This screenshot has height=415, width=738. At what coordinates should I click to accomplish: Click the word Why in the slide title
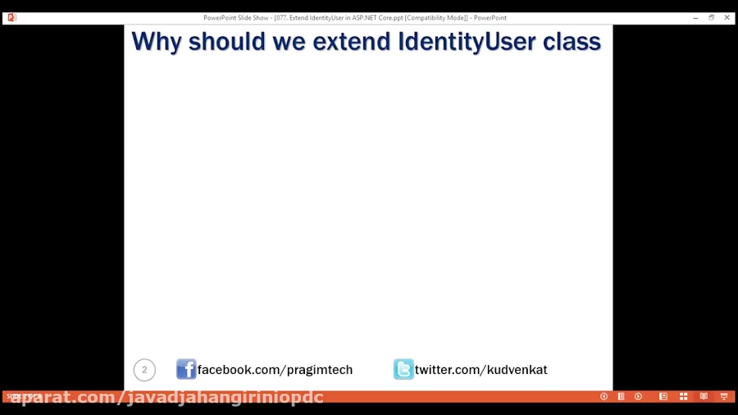coord(156,41)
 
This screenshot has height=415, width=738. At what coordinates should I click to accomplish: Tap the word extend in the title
coord(351,41)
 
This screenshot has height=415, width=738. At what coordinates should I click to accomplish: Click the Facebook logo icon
coord(186,369)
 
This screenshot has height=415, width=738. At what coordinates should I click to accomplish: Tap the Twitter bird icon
coord(403,369)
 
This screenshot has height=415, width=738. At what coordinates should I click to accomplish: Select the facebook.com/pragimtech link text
coord(275,370)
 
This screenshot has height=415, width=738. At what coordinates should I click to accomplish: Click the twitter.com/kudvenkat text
coord(481,370)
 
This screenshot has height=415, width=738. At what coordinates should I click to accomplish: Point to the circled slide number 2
coord(144,370)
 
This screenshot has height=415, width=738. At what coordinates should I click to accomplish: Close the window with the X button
coord(727,17)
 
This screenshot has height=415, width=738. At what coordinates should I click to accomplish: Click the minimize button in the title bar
coord(695,17)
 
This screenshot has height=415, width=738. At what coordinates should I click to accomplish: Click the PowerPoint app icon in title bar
coord(11,17)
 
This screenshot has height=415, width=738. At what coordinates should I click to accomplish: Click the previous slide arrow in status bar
coord(604,397)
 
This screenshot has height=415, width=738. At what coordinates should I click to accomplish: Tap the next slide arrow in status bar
coord(638,397)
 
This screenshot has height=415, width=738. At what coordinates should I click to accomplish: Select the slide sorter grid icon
coord(683,397)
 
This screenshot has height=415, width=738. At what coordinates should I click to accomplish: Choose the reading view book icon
coord(704,397)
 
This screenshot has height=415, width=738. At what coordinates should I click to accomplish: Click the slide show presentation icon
coord(723,397)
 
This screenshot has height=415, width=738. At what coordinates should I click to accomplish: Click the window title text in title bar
coord(355,17)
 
